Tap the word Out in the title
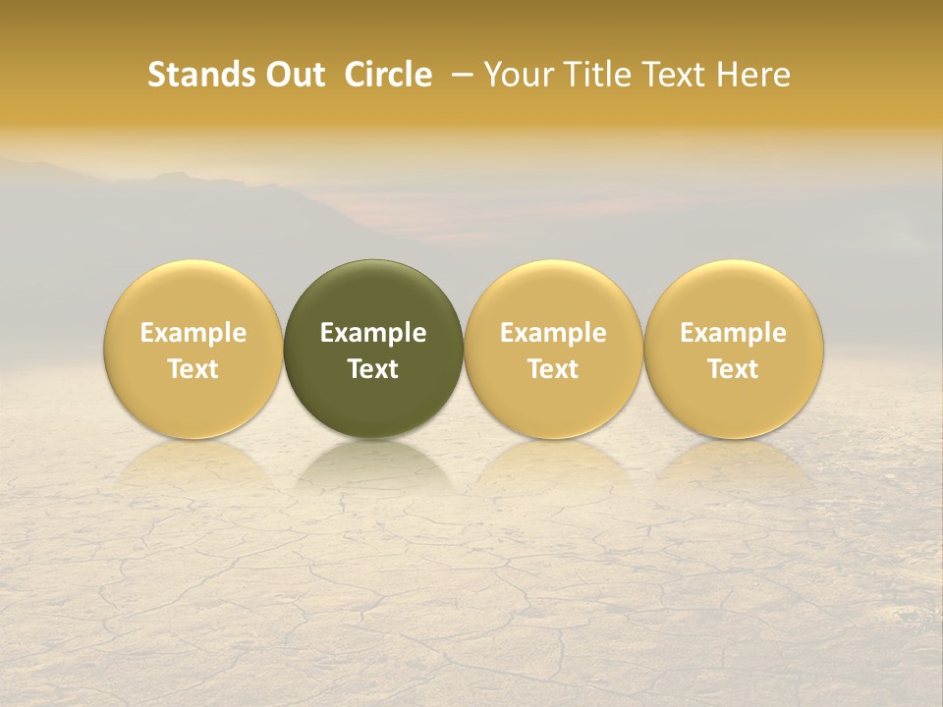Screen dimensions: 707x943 coord(293,75)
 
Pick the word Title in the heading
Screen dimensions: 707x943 coord(591,75)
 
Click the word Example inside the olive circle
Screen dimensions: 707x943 coord(373,333)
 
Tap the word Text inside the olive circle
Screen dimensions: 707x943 coord(373,369)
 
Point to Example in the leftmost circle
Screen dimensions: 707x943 coord(194,333)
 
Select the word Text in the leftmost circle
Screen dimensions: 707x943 coord(194,369)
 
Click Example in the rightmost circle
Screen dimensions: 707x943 coord(733,333)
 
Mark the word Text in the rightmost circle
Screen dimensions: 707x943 coord(733,369)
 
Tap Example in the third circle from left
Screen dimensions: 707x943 coord(553,333)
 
